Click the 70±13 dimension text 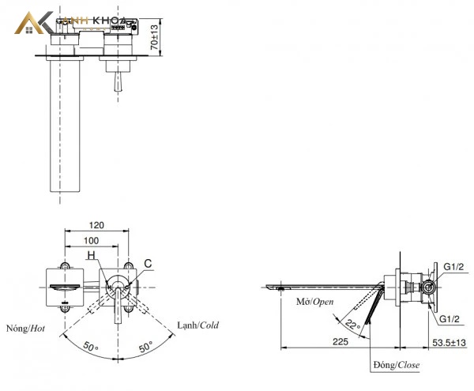[155, 37]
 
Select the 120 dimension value [96, 225]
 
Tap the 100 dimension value [91, 240]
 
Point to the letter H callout [92, 256]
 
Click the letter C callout [148, 264]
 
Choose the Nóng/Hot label [26, 329]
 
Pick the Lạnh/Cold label [198, 325]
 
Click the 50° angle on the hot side [90, 347]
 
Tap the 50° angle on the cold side [145, 347]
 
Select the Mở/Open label [315, 302]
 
